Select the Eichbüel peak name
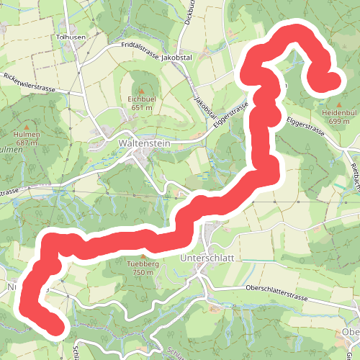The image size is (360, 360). (142, 99)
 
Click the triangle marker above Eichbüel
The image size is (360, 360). (142, 90)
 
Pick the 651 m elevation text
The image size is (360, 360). (142, 107)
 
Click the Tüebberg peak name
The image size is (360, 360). (143, 264)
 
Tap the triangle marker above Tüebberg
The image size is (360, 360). (143, 256)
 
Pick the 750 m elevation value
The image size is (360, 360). (143, 273)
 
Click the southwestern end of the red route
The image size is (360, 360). (56, 328)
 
